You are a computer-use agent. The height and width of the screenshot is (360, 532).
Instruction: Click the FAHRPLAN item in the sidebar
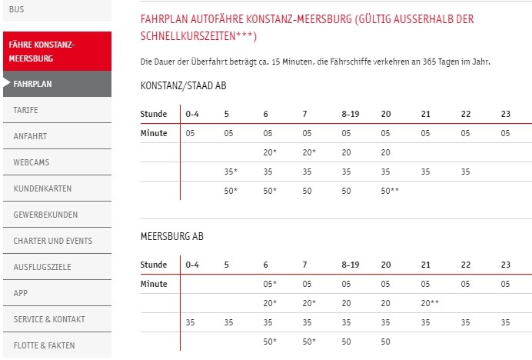(x=33, y=84)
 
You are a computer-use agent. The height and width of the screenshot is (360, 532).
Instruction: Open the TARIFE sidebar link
(x=26, y=110)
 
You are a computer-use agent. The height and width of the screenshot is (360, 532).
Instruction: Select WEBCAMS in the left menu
(x=30, y=162)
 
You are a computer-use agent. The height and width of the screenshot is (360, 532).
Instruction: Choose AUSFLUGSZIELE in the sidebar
(x=38, y=267)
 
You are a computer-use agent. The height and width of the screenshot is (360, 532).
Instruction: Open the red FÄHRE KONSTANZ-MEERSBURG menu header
(x=42, y=52)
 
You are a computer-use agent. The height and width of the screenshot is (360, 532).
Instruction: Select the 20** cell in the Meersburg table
(x=430, y=303)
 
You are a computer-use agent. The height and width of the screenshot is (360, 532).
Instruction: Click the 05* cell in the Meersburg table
(x=269, y=284)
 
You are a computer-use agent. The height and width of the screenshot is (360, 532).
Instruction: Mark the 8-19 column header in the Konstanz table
(x=351, y=114)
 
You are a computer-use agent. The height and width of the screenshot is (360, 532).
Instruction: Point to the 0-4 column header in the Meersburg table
(x=192, y=265)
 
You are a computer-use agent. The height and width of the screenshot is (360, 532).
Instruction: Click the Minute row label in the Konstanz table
(x=154, y=133)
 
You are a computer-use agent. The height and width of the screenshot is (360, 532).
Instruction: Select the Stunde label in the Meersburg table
(x=154, y=265)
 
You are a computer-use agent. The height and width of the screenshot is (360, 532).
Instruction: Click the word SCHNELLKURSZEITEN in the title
(x=195, y=36)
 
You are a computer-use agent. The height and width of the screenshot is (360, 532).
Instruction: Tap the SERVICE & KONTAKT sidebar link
(x=49, y=319)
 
